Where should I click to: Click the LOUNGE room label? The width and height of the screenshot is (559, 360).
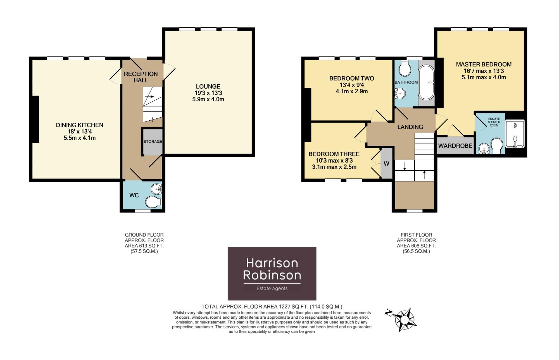[x=208, y=87]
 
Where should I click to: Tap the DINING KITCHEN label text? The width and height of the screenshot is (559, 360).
[x=79, y=125]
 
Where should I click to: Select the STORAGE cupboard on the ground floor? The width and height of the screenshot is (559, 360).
[x=152, y=142]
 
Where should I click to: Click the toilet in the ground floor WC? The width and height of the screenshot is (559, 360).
[x=153, y=202]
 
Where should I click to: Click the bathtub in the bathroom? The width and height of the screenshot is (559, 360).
[x=426, y=82]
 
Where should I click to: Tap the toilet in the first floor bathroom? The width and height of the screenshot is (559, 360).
[x=405, y=68]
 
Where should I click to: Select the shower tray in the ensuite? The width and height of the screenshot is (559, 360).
[x=515, y=133]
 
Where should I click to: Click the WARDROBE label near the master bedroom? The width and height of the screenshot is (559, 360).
[x=455, y=146]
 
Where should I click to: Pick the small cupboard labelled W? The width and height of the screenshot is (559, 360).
[x=386, y=164]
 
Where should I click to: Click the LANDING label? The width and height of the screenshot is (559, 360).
[x=410, y=127]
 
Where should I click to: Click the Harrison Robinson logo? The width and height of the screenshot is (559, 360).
[x=272, y=274]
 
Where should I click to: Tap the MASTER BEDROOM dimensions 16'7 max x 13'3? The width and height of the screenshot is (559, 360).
[x=484, y=71]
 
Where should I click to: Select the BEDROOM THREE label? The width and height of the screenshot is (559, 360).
[x=334, y=154]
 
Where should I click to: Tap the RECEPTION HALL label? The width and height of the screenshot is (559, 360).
[x=141, y=77]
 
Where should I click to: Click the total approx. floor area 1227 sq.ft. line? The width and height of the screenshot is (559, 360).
[x=271, y=306]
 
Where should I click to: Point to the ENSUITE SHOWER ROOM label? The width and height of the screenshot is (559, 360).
[x=494, y=122]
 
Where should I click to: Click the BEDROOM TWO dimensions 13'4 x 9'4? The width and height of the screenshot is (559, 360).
[x=352, y=85]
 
